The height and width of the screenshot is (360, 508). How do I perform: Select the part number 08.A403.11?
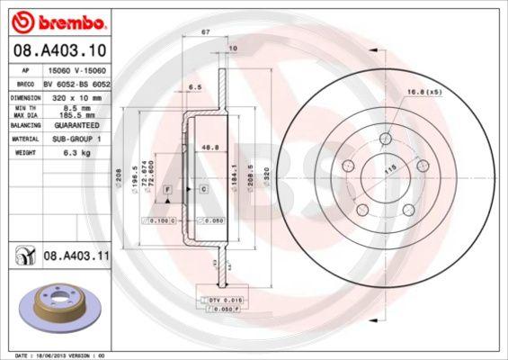click(76, 256)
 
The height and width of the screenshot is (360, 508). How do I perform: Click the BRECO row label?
click(27, 81)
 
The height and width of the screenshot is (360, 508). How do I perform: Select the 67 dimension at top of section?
click(206, 31)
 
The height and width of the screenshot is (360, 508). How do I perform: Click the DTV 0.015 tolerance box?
click(225, 298)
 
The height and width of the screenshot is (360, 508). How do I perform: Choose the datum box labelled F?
click(167, 190)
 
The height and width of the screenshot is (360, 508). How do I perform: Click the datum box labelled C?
click(203, 190)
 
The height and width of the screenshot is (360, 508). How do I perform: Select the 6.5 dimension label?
click(193, 87)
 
